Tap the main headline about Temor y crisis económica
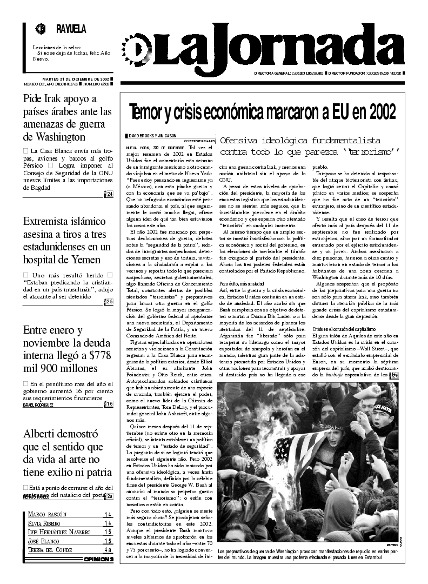click(x=262, y=112)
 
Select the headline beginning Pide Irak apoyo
click(x=68, y=117)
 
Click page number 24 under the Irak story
click(x=110, y=195)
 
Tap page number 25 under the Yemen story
click(x=110, y=302)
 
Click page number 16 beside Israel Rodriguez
click(x=110, y=404)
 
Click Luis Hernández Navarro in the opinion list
click(x=59, y=532)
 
